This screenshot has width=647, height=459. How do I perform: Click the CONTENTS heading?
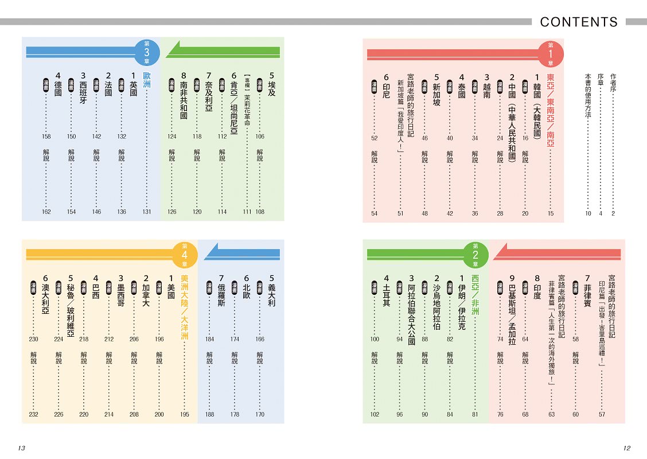click(579, 22)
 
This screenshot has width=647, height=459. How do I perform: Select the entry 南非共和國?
click(184, 96)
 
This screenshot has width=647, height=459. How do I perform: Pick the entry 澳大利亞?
click(45, 299)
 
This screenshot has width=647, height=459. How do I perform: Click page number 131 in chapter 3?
click(147, 212)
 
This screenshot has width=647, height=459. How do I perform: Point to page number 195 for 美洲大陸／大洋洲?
click(185, 414)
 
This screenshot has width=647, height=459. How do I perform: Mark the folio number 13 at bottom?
click(22, 448)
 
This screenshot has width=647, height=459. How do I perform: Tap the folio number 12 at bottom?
click(627, 448)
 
